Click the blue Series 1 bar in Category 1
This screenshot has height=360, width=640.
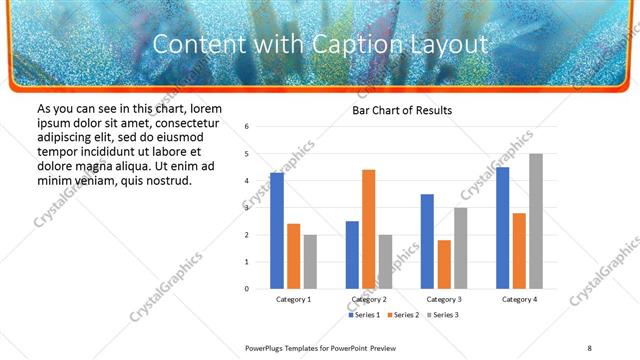pos(277,231)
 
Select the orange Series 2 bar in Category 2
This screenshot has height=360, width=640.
pos(368,229)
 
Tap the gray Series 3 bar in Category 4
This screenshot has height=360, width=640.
pos(536,221)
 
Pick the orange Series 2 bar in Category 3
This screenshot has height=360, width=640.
pos(444,264)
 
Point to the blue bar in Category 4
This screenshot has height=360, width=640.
pos(502,228)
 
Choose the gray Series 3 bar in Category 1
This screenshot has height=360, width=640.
pos(310,262)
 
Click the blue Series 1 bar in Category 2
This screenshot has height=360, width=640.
pos(352,255)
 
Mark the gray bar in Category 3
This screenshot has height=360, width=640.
pos(461,248)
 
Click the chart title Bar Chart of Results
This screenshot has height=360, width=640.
pos(403,110)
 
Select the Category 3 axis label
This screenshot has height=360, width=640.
pos(444,299)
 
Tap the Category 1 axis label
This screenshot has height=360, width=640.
pos(294,299)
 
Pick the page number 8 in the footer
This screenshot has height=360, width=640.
pos(590,347)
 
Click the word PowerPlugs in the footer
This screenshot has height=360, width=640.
pos(267,347)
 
